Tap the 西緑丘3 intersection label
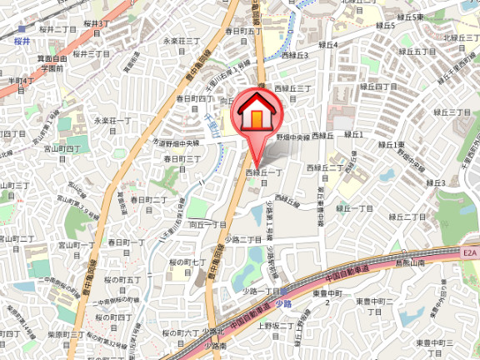[x=295, y=56]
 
